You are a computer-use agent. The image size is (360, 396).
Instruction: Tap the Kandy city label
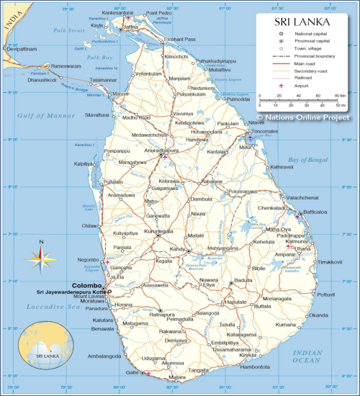pos(178,249)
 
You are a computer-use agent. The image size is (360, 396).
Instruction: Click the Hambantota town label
pos(255,366)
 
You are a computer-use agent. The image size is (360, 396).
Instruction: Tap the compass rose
pos(41,256)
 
